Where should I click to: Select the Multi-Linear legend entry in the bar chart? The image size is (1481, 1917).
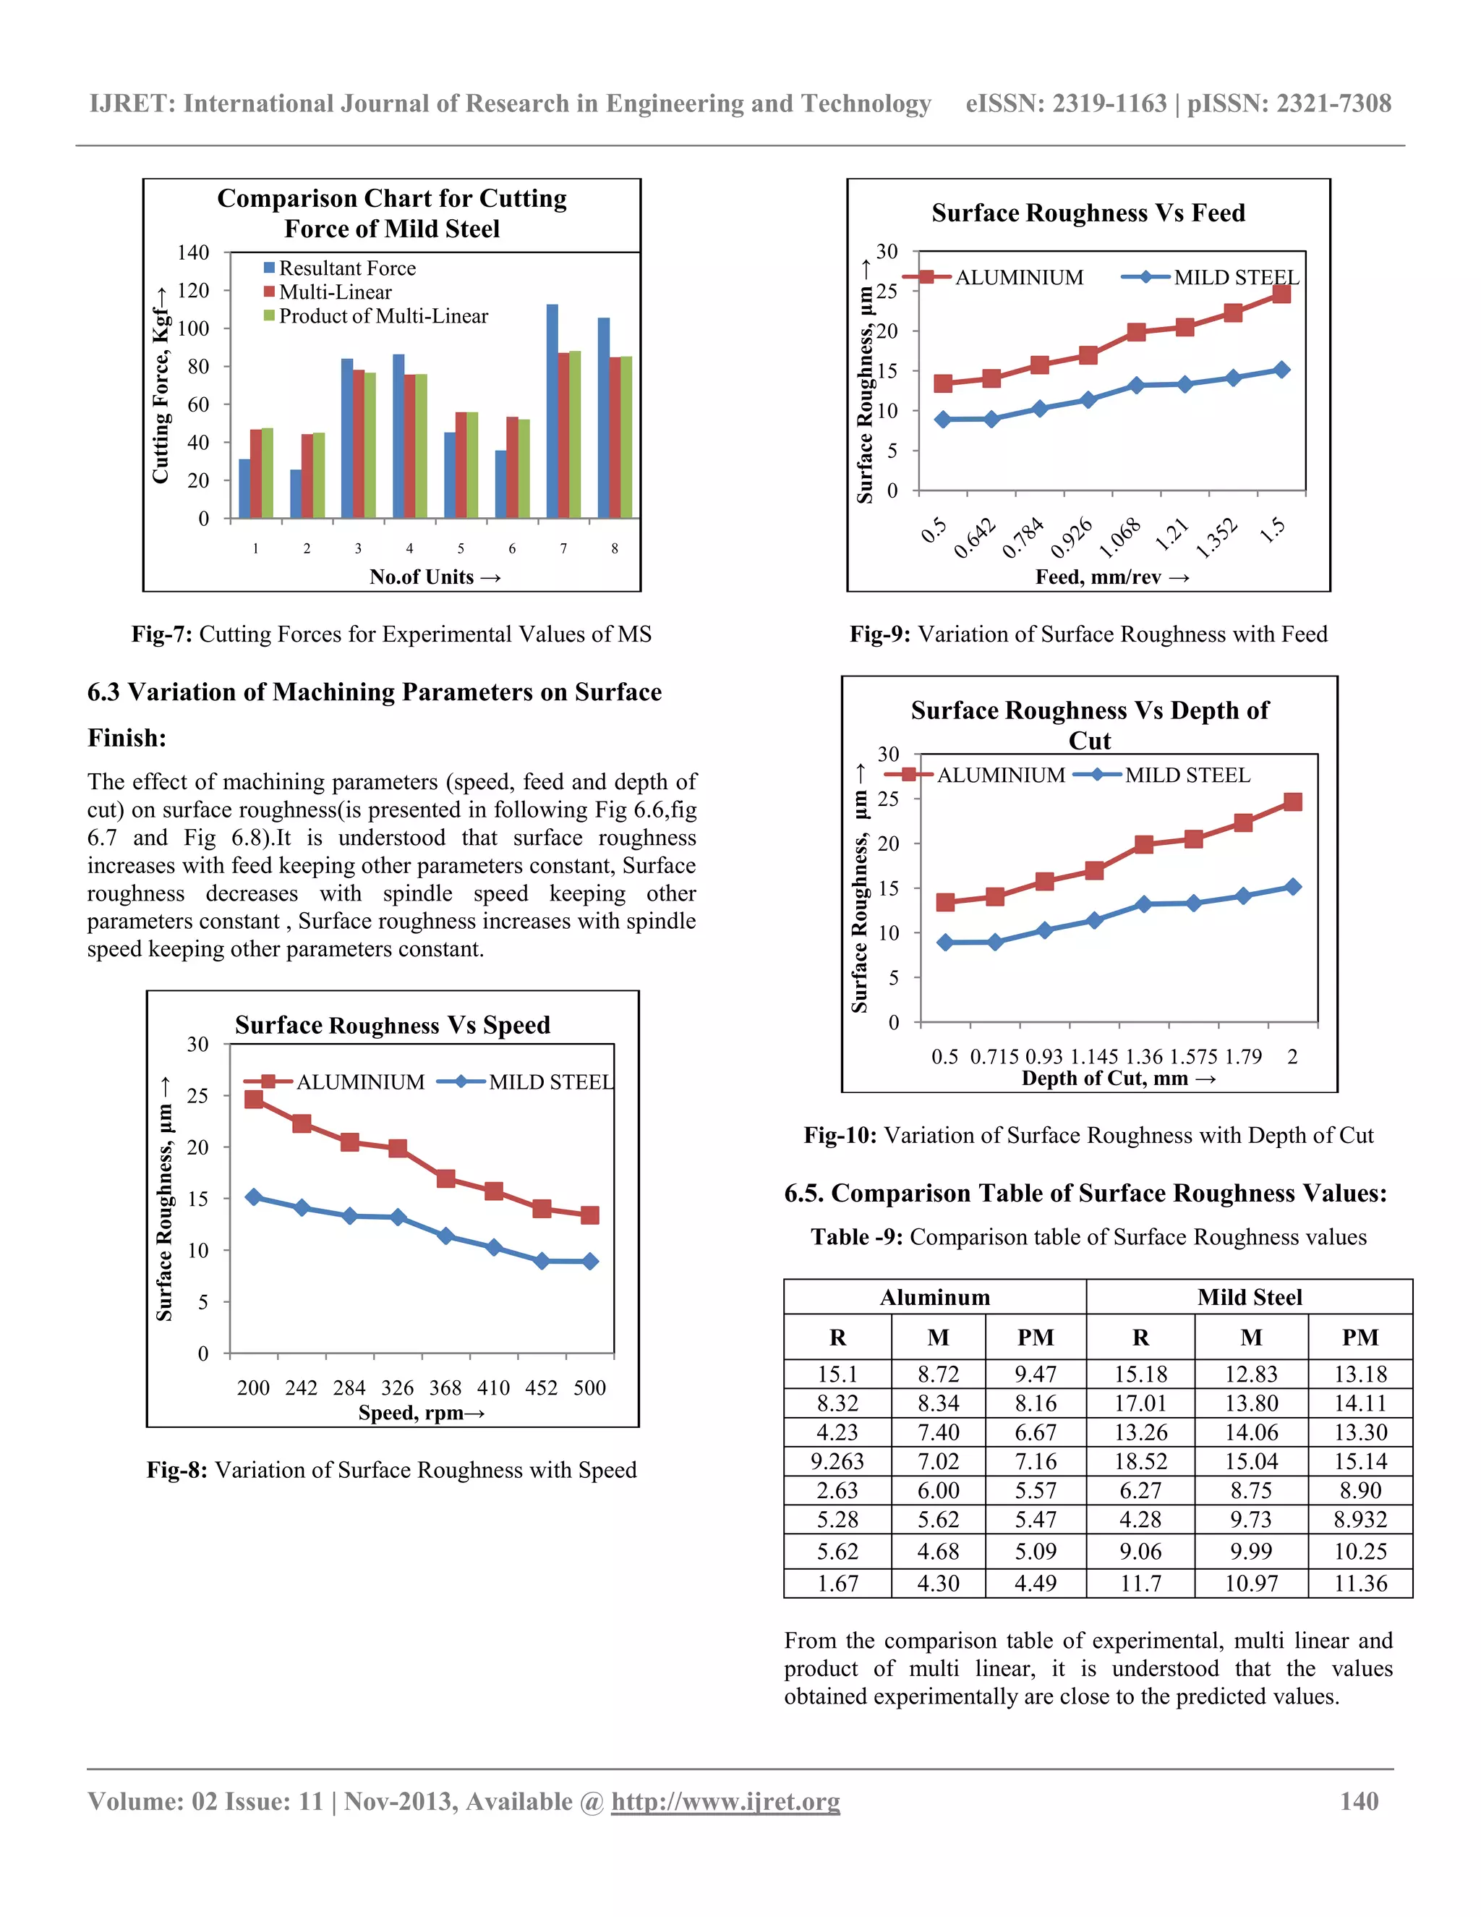click(x=334, y=292)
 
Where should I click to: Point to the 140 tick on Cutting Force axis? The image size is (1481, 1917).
click(x=193, y=252)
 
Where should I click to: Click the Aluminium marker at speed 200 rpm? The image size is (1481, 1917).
click(x=254, y=1099)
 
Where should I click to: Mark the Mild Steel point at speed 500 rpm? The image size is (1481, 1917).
click(x=589, y=1262)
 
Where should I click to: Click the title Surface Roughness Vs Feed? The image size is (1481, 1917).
click(x=1088, y=213)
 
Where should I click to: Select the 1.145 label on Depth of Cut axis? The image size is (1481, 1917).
click(x=1094, y=1057)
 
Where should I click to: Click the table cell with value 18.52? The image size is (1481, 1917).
click(x=1140, y=1461)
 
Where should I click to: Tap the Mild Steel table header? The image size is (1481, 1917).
click(x=1250, y=1297)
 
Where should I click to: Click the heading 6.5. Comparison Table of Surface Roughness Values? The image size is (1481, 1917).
click(x=1085, y=1194)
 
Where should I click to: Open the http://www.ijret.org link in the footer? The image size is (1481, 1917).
click(x=725, y=1802)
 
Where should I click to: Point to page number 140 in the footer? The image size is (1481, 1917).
click(x=1359, y=1802)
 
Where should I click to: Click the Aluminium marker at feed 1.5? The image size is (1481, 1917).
click(x=1281, y=293)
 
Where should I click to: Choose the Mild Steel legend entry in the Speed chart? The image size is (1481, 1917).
click(x=550, y=1082)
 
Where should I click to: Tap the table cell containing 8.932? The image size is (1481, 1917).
click(x=1360, y=1519)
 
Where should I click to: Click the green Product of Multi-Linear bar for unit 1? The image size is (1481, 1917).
click(x=268, y=473)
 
